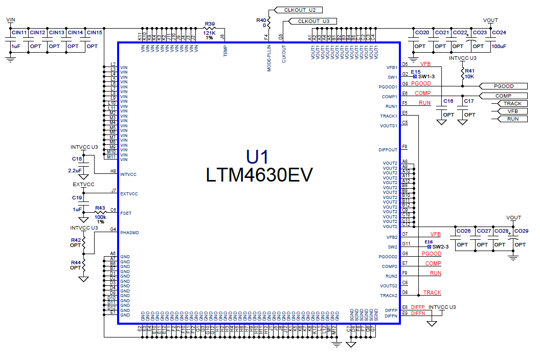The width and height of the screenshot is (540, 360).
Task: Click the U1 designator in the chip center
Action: pos(257,156)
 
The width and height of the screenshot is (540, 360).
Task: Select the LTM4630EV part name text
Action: pos(259,175)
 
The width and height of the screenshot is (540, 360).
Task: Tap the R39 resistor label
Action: pos(210,24)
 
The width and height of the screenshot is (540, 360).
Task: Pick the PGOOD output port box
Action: pos(503,86)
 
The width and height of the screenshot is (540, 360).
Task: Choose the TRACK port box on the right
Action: pos(512,104)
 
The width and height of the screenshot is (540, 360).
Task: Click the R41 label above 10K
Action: pos(470,71)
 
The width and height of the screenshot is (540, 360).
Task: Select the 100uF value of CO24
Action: pos(499,47)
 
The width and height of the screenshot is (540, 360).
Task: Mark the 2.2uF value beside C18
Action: pos(75,170)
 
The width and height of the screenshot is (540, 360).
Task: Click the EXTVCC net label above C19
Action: pos(83,184)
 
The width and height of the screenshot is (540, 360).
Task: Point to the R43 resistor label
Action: pos(100,208)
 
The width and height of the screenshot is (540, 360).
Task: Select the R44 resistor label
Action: pos(76,262)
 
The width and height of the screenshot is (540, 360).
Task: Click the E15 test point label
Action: pos(415,72)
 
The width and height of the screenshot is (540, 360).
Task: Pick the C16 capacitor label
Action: pos(448,101)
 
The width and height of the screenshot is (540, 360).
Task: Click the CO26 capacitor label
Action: pos(463,232)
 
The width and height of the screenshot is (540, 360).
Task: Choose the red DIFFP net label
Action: pos(418,307)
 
